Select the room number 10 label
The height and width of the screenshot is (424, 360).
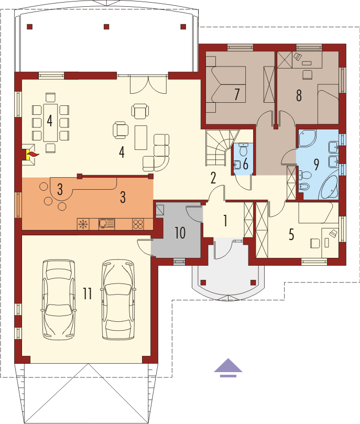180,233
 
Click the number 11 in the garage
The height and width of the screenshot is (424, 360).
88,293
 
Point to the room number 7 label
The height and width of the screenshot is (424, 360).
237,94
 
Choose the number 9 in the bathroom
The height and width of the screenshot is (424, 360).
316,165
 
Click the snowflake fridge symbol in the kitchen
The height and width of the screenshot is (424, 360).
83,224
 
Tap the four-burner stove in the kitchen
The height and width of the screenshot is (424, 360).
138,224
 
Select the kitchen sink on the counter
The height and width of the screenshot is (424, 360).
106,224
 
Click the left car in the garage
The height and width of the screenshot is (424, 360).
58,300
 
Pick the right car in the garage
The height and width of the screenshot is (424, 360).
118,300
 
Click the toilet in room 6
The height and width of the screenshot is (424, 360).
244,149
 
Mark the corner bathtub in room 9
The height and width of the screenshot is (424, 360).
328,187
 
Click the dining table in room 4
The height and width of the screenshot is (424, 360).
50,123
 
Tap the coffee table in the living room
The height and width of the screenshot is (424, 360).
141,137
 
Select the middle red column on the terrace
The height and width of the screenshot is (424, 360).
106,27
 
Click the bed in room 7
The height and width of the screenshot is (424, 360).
226,84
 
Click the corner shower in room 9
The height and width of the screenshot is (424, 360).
307,138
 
